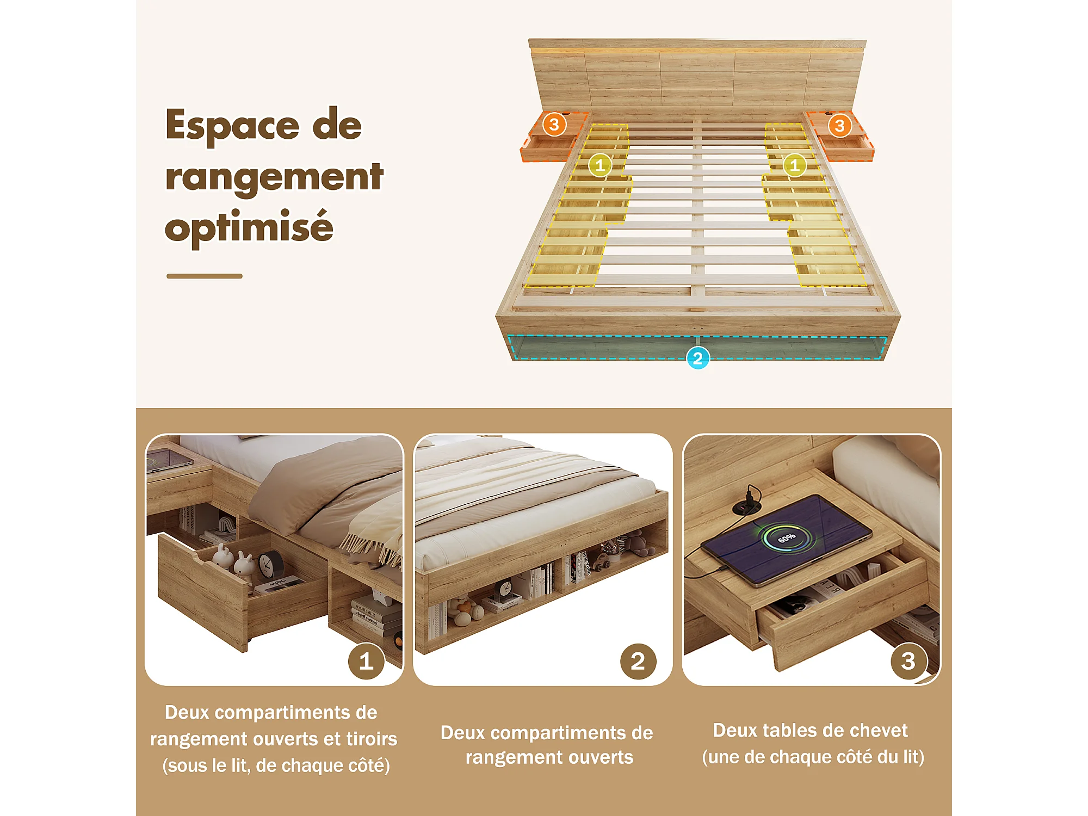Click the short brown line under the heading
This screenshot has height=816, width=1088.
(205, 276)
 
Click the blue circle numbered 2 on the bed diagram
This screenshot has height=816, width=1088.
(698, 358)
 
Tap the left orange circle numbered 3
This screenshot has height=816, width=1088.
(554, 125)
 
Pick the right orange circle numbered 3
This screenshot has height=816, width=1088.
(840, 126)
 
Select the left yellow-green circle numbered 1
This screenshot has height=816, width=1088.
(600, 165)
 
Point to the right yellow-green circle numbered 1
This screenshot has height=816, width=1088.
(794, 165)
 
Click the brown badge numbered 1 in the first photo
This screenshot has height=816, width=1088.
(366, 661)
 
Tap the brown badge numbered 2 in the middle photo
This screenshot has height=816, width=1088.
(638, 661)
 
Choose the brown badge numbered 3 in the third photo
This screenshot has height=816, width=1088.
(908, 661)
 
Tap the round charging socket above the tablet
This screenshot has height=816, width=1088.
(742, 508)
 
